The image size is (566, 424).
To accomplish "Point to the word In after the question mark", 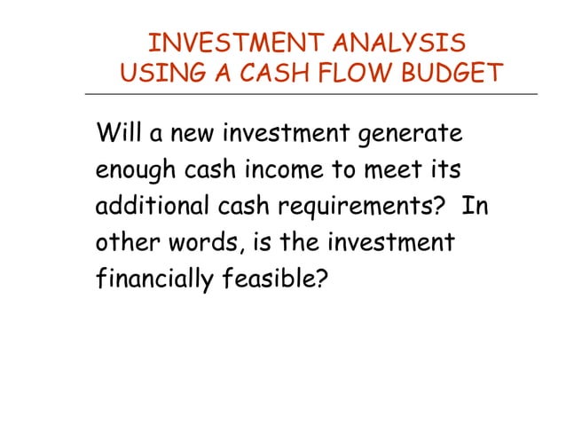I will (476, 205).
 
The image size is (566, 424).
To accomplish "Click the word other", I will (125, 241).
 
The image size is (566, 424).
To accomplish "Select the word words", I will (201, 242).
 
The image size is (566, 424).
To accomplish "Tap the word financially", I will (152, 279).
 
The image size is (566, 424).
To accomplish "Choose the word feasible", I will (274, 278).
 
